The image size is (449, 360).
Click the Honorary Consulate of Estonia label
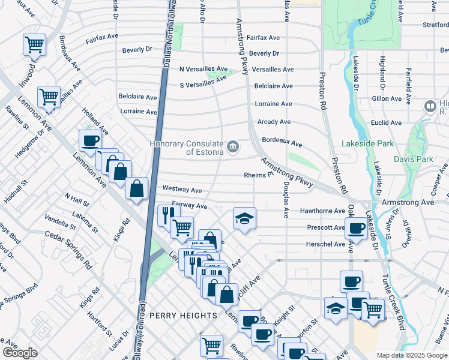(x=186, y=147)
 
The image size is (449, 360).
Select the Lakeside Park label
(x=367, y=144)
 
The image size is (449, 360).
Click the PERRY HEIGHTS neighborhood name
(x=182, y=315)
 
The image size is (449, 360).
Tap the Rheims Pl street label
(x=258, y=175)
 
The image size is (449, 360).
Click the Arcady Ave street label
(x=274, y=122)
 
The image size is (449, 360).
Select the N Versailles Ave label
(x=204, y=69)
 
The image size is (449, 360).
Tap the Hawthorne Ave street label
(x=322, y=211)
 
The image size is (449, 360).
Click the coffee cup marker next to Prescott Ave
(x=356, y=228)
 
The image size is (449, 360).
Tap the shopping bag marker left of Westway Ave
(x=137, y=188)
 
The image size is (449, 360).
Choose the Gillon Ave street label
(x=387, y=98)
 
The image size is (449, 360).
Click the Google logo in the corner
(x=20, y=353)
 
